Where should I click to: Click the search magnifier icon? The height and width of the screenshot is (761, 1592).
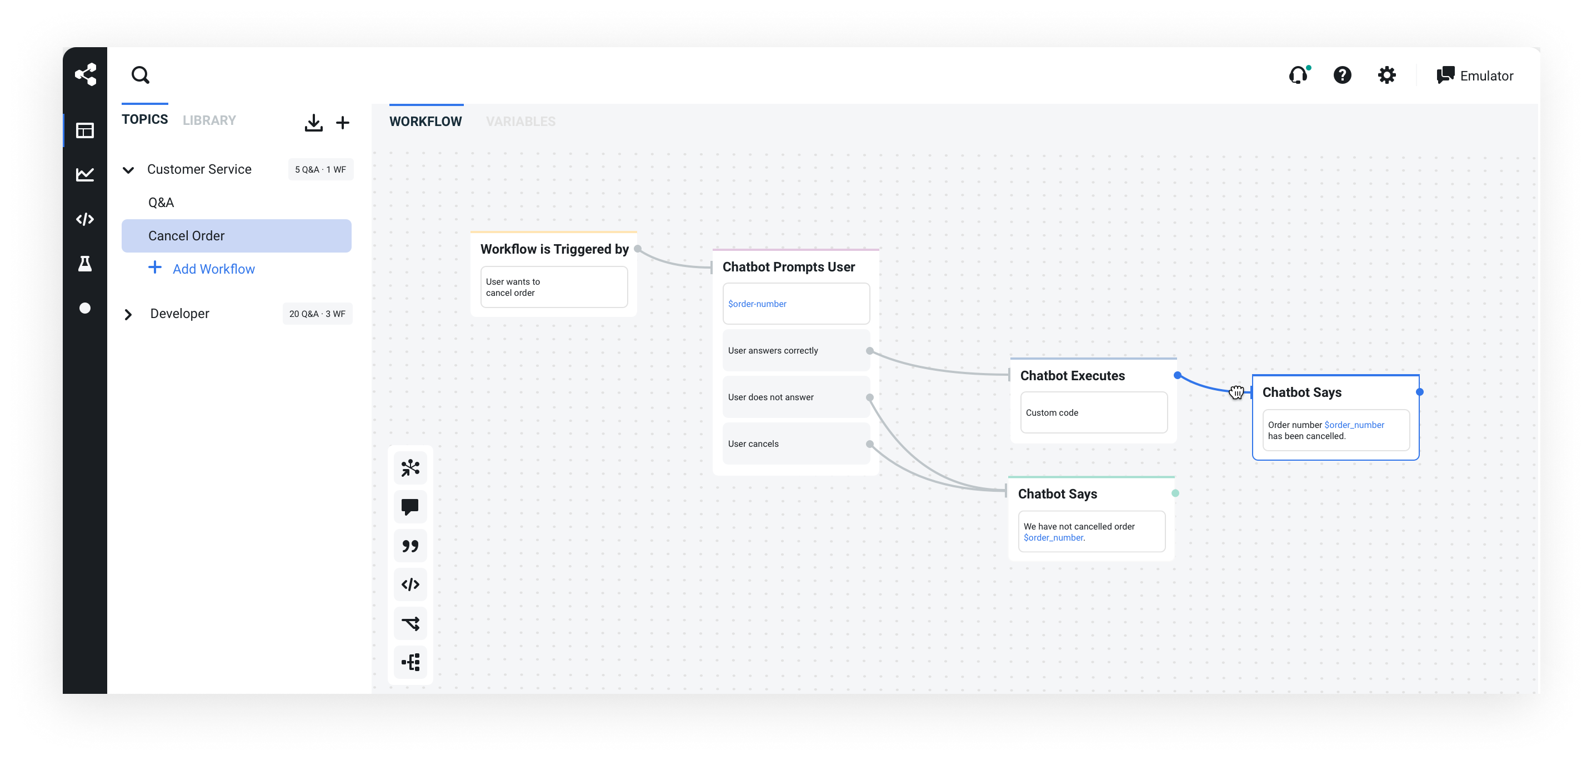click(x=141, y=75)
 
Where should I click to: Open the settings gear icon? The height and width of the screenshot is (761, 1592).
click(x=1386, y=75)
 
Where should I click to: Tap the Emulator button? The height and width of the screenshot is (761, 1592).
click(x=1475, y=75)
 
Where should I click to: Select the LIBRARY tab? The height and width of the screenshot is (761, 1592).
click(x=209, y=120)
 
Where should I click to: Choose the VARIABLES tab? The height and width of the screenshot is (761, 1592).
click(x=520, y=122)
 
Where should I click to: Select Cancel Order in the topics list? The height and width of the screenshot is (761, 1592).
click(x=236, y=236)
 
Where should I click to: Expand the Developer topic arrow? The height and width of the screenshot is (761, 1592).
click(x=128, y=314)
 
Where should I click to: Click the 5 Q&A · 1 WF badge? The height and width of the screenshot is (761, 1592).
click(x=320, y=169)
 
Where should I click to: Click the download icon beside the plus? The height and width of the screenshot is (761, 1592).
click(x=313, y=123)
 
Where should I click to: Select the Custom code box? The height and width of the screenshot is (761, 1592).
click(x=1093, y=412)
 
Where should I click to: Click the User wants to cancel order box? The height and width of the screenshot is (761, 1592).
click(x=554, y=287)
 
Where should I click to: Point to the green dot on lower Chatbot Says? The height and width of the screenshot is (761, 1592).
click(x=1175, y=493)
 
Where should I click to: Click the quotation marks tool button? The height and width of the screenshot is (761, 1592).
click(x=410, y=546)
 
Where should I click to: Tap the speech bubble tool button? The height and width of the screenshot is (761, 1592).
click(x=410, y=507)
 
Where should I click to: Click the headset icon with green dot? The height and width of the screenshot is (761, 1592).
click(x=1299, y=75)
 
